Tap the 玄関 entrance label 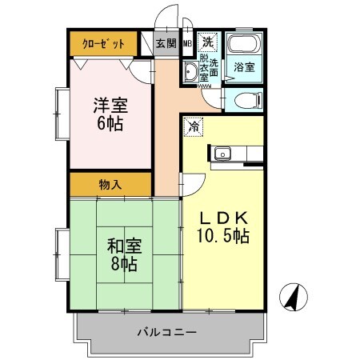(x=166, y=43)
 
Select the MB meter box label (x=187, y=44)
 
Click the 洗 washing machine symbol (x=208, y=42)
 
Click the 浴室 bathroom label (x=244, y=69)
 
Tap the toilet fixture (x=245, y=101)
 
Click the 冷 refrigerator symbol (x=194, y=126)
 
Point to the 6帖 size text (x=110, y=125)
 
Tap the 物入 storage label (x=110, y=185)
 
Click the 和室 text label (x=123, y=245)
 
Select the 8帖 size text (x=123, y=263)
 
